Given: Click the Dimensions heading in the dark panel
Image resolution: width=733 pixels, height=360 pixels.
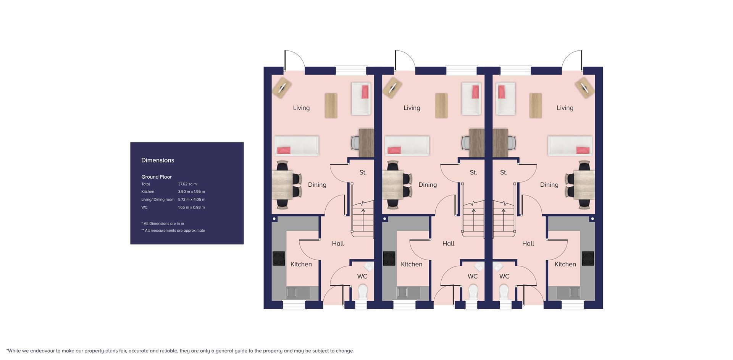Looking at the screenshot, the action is [x=158, y=160].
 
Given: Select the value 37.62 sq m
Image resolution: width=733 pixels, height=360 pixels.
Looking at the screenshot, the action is [x=187, y=184].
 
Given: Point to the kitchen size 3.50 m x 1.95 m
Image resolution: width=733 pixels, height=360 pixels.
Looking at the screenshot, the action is [x=191, y=192].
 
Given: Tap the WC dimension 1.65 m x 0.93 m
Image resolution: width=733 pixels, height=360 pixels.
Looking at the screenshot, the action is [x=191, y=207].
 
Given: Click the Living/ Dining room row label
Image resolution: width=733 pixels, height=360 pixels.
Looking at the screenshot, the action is [x=158, y=200].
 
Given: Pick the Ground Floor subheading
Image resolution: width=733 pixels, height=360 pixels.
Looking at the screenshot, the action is [x=157, y=177].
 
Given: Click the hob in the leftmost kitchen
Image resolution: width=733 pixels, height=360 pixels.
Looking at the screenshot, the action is [x=279, y=258].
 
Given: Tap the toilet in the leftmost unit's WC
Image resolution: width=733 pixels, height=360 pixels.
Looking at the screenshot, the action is [x=362, y=292].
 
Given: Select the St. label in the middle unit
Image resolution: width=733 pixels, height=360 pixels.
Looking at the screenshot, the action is [x=473, y=173].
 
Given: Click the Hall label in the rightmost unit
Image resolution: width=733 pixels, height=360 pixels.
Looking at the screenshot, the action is [x=528, y=244].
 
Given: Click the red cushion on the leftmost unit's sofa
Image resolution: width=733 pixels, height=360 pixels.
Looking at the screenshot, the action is [x=283, y=150].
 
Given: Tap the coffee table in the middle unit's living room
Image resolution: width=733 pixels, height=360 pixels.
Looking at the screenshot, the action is [x=441, y=105].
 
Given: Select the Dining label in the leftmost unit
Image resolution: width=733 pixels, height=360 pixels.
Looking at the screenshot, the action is [x=317, y=185].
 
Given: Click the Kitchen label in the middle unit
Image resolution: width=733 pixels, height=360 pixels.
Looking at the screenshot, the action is [x=412, y=264].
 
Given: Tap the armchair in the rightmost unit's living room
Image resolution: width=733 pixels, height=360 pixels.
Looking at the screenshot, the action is [x=505, y=98].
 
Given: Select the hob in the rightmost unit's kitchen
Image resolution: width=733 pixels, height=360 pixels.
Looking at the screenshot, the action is [x=588, y=258].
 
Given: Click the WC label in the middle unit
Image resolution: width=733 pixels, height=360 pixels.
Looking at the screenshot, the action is [x=473, y=276].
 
